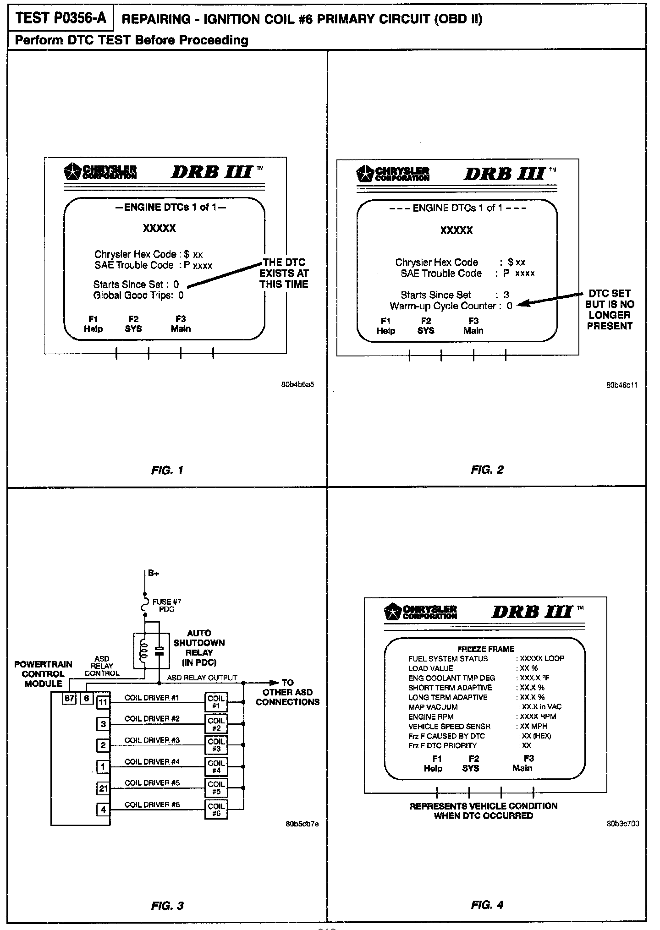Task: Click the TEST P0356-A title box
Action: click(60, 18)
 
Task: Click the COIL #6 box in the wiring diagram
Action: click(216, 810)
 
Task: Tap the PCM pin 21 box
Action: click(103, 788)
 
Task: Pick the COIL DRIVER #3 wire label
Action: click(152, 740)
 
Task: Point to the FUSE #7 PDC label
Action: click(167, 606)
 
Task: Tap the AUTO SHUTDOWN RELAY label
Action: click(199, 647)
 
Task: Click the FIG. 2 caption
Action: click(487, 470)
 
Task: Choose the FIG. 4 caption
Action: click(487, 905)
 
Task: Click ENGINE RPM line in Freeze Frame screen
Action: click(431, 717)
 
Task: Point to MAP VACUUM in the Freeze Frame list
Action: click(433, 707)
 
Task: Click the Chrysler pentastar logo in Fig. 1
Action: click(72, 171)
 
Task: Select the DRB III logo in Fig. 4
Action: click(533, 612)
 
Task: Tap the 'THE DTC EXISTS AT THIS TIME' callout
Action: click(284, 273)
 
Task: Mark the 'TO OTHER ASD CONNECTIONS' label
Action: click(287, 692)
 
